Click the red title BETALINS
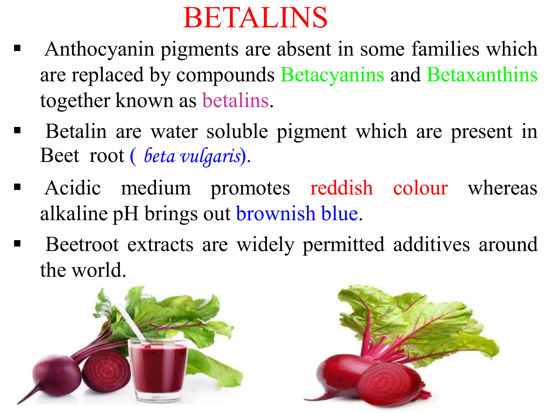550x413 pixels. (255, 18)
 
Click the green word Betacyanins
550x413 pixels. (332, 74)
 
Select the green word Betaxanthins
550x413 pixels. (482, 74)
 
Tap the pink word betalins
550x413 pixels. (235, 100)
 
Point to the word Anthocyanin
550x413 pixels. (99, 49)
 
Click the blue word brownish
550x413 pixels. (276, 213)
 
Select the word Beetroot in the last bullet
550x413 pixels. (82, 244)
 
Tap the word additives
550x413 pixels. (431, 244)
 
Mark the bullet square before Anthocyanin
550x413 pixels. (17, 49)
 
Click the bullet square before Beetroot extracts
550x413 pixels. (17, 244)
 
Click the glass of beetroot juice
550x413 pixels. (158, 368)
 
